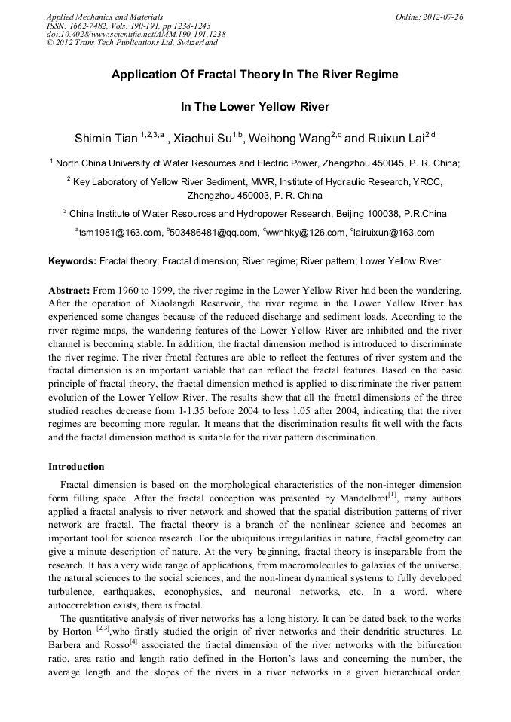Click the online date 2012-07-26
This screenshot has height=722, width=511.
[x=442, y=16]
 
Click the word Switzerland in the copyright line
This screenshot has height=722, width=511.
[x=194, y=43]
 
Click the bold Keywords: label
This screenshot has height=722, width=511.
[x=72, y=262]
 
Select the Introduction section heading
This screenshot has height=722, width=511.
[x=76, y=467]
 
